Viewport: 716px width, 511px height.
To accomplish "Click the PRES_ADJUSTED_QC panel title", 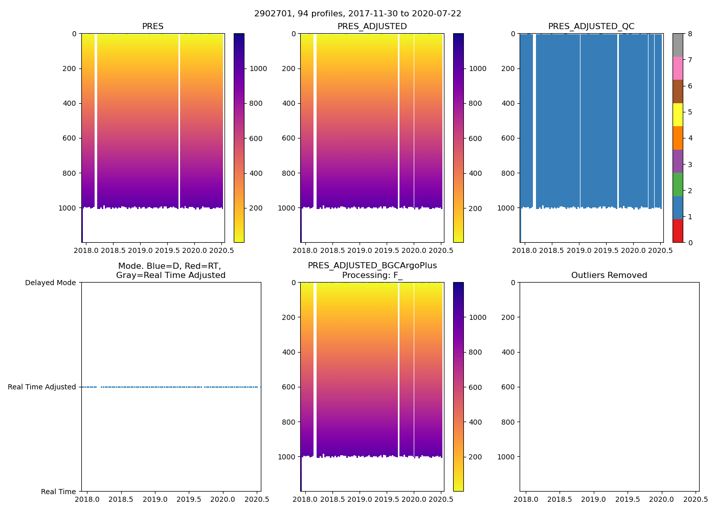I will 591,27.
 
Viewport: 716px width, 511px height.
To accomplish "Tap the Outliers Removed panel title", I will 609,275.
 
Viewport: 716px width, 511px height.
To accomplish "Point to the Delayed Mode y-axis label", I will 50,283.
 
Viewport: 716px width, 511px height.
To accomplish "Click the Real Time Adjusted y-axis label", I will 42,387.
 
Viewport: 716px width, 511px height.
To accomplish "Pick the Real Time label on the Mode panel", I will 58,492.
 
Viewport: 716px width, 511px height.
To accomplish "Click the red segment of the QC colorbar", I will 678,230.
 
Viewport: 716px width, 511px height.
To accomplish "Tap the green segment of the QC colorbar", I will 678,184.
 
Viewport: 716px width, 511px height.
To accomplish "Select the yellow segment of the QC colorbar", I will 678,114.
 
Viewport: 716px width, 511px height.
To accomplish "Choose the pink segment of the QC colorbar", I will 678,68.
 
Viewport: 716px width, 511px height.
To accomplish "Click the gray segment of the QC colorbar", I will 678,45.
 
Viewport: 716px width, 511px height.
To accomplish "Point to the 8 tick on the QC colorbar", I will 690,34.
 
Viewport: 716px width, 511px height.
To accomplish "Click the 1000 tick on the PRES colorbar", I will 258,69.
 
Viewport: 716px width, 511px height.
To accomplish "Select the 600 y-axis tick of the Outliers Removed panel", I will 506,387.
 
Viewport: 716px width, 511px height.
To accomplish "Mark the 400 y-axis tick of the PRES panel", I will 67,103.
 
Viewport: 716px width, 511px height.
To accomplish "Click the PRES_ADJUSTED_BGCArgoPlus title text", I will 372,266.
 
